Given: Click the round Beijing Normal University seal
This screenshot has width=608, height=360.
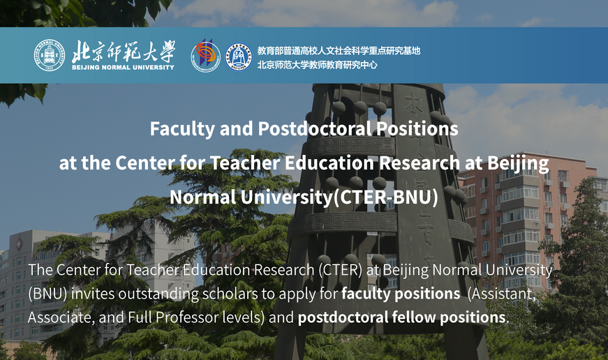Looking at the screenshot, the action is [x=50, y=55].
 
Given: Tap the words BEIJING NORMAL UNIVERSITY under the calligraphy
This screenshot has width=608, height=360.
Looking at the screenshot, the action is [x=123, y=68].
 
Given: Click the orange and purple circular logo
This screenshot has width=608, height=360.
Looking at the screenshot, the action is [x=205, y=56].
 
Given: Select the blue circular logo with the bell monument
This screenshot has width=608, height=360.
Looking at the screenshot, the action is [x=239, y=57].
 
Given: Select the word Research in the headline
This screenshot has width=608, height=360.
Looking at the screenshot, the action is [x=419, y=163].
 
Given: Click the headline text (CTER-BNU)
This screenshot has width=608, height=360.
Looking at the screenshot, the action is [x=385, y=197].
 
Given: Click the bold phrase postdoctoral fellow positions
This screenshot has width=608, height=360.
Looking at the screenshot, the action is [x=401, y=317].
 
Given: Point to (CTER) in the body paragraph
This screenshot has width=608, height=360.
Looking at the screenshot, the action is [x=340, y=270].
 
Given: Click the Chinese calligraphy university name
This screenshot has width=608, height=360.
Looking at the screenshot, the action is [x=124, y=51].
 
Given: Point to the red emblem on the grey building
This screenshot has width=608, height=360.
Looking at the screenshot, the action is [x=18, y=243].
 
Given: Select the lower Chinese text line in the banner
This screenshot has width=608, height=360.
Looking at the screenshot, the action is [x=317, y=65].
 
